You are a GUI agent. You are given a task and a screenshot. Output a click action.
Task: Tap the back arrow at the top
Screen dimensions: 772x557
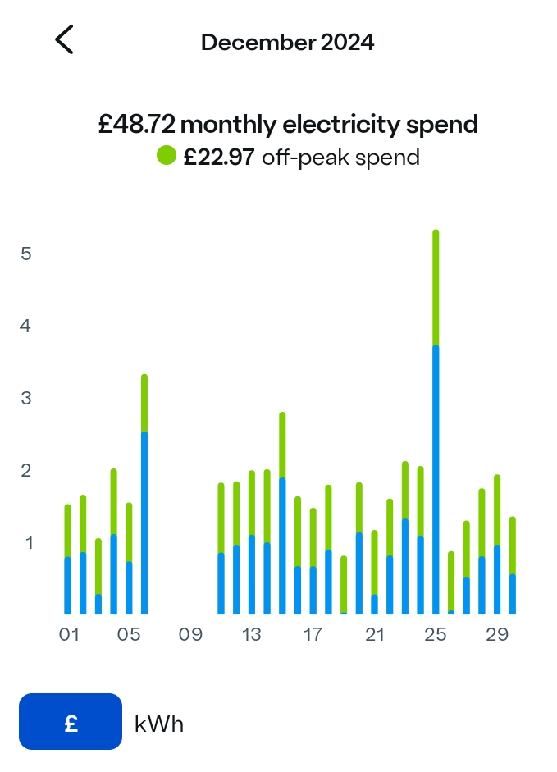tap(64, 39)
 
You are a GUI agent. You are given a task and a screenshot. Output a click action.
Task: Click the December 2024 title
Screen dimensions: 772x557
tap(287, 43)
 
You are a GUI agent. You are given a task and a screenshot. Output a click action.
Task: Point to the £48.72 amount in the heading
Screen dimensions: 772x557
tap(136, 125)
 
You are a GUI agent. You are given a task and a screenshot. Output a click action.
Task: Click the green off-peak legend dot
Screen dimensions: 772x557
tap(167, 155)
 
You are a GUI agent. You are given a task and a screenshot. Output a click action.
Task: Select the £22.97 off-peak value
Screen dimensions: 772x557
tap(219, 157)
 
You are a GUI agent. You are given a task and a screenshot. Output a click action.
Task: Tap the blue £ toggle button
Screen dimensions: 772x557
tap(71, 722)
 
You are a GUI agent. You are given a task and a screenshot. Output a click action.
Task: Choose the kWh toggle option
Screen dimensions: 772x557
tap(159, 724)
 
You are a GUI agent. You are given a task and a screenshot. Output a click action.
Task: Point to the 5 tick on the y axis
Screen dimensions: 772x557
tap(26, 254)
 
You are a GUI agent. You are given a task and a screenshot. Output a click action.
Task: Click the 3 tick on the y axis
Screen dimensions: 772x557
tap(26, 398)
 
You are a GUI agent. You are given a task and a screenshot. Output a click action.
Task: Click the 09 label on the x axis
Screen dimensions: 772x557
tap(190, 635)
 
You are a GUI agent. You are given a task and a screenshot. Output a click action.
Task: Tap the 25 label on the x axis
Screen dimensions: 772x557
tap(436, 635)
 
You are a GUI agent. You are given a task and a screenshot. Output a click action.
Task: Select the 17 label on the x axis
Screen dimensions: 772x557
tap(313, 635)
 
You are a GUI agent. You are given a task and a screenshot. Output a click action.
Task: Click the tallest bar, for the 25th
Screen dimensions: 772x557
tap(436, 422)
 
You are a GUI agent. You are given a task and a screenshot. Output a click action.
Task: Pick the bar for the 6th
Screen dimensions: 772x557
tap(144, 494)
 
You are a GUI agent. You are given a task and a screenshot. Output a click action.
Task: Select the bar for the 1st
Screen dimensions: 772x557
tap(67, 560)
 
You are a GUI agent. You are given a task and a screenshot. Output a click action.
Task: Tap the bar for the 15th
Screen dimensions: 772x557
tap(282, 513)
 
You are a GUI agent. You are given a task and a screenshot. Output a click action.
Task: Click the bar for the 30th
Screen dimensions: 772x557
tap(513, 566)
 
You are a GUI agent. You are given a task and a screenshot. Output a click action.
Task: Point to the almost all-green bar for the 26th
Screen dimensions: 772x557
tap(451, 582)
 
